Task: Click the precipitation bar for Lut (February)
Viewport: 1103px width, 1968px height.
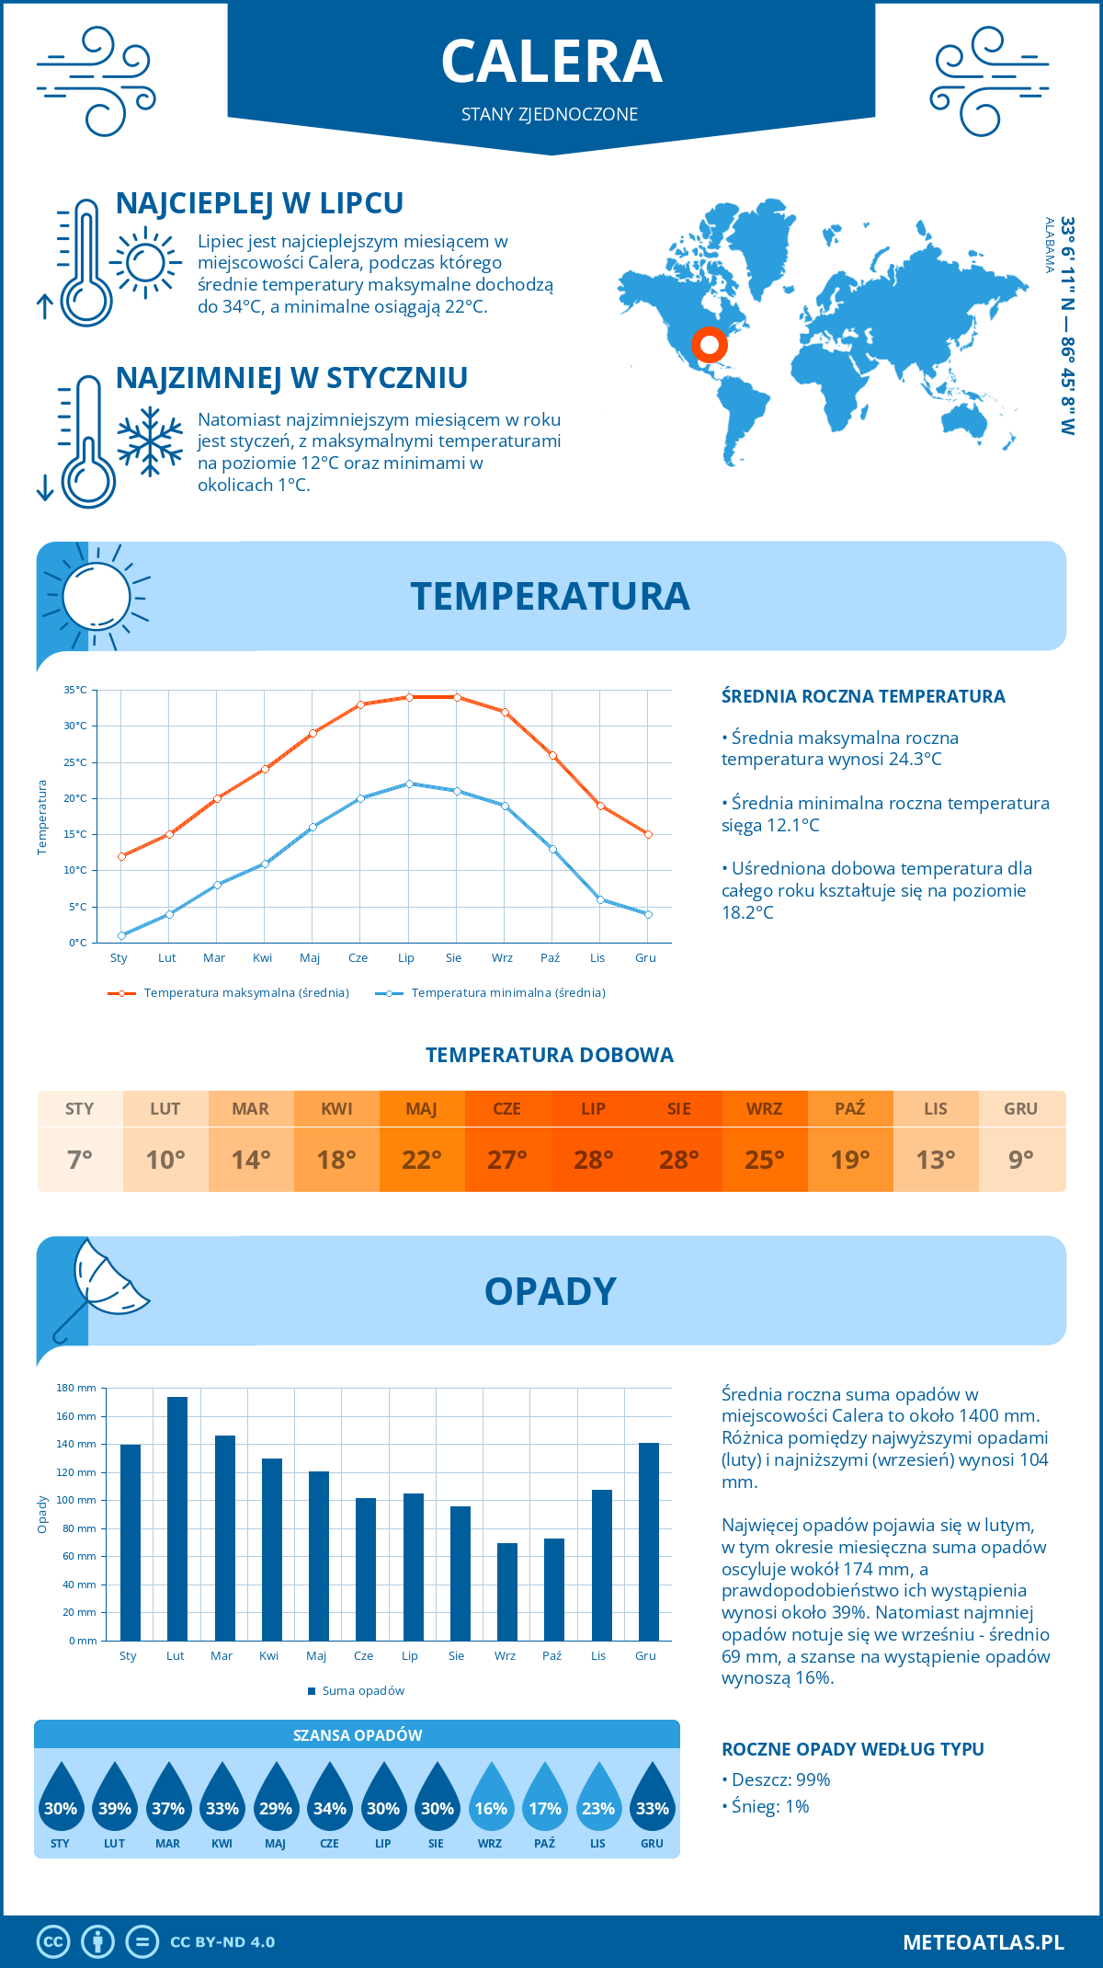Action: click(x=177, y=1518)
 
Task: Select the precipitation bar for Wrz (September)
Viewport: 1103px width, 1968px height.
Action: click(x=507, y=1592)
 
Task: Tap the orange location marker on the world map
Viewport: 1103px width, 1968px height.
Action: click(x=709, y=345)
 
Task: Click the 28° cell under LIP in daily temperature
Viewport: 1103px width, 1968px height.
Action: click(x=593, y=1160)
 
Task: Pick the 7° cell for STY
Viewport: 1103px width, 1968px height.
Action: click(x=80, y=1160)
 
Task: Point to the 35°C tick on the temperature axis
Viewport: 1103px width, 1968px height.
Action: click(x=75, y=690)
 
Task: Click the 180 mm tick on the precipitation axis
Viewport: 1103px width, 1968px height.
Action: click(x=77, y=1388)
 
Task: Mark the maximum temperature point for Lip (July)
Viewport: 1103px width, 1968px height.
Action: click(x=409, y=697)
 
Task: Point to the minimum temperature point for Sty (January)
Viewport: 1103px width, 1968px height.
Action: click(x=121, y=935)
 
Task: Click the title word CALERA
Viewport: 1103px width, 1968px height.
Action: click(x=551, y=62)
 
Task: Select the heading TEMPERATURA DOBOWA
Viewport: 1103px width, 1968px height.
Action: click(x=550, y=1055)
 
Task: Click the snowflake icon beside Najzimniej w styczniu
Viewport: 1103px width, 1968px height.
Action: click(x=150, y=441)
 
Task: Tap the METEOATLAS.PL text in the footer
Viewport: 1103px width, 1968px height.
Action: click(x=983, y=1942)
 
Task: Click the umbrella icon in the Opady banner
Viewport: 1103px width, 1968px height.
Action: click(x=99, y=1287)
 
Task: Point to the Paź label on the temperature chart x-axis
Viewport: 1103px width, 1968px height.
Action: click(x=550, y=957)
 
